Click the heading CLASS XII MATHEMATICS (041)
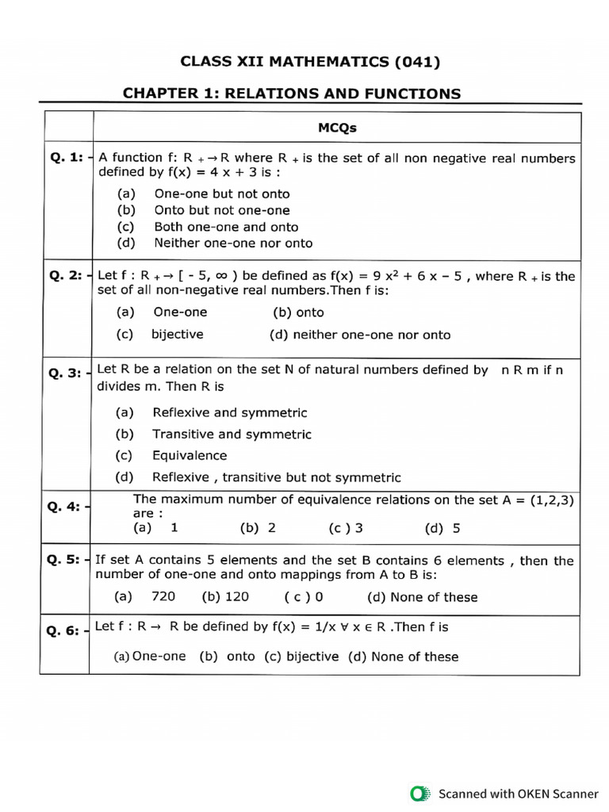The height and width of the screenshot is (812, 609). (309, 61)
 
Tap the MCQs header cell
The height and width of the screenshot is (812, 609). (337, 127)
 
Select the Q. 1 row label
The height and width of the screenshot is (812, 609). (67, 158)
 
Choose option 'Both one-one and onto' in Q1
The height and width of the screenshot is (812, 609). (226, 227)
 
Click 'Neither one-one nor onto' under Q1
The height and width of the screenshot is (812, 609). (233, 243)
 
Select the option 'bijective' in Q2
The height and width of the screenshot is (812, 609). (178, 335)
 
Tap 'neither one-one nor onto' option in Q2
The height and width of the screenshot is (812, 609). (371, 335)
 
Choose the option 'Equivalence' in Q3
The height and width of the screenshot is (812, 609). (190, 456)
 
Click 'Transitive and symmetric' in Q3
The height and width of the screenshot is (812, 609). (232, 435)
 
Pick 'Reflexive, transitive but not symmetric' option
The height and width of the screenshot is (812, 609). (276, 477)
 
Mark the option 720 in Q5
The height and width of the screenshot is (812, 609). (163, 596)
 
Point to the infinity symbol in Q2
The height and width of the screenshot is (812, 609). (223, 276)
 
